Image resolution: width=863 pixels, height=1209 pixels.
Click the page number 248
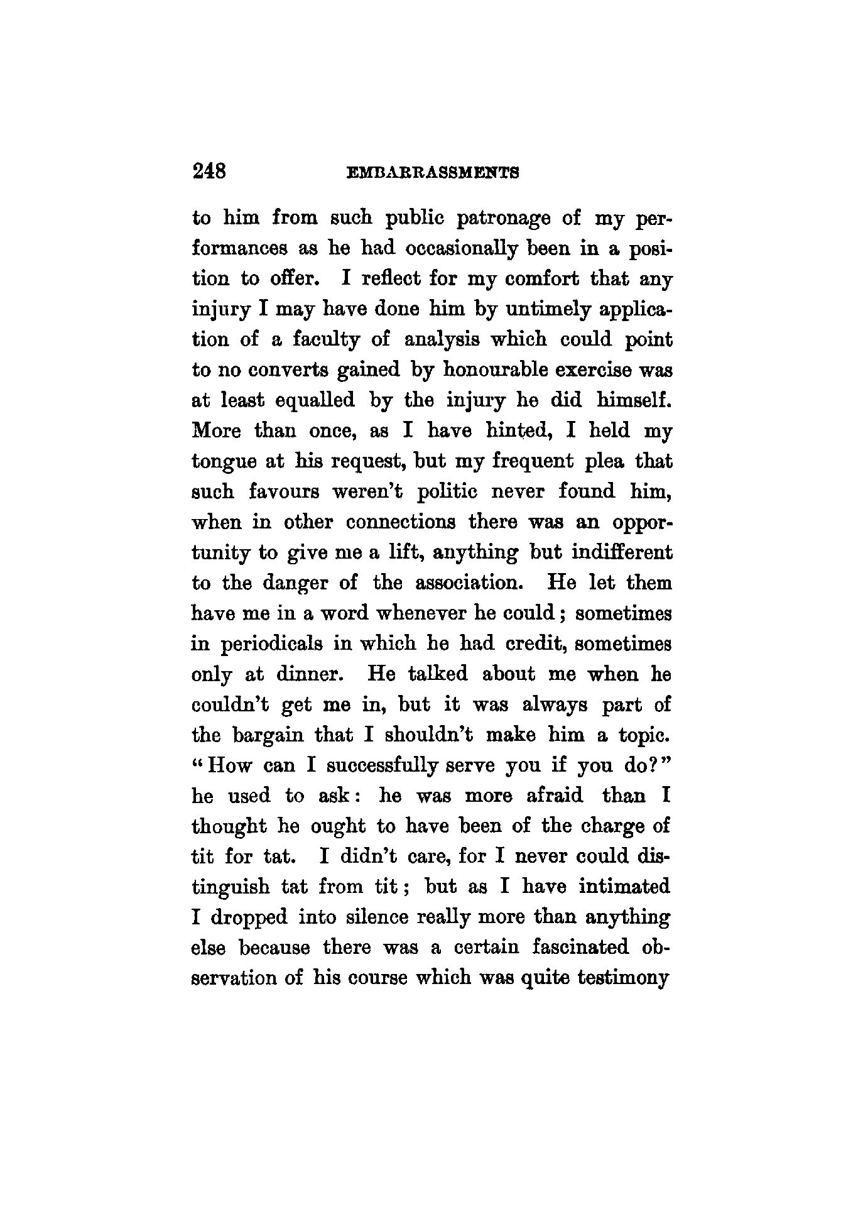[210, 170]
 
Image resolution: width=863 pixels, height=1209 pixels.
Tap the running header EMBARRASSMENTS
[432, 172]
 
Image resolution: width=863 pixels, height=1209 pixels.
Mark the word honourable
[498, 370]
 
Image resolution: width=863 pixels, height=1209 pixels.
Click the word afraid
[555, 796]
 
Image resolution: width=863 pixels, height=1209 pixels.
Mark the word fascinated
[584, 947]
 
